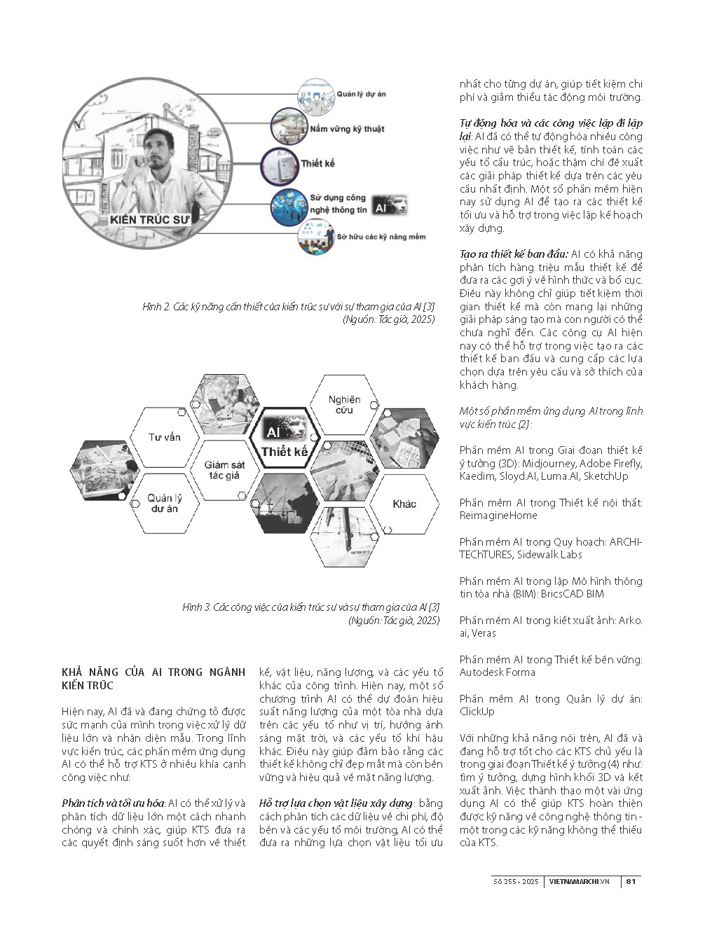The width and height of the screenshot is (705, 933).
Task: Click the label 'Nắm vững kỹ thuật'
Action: [347, 129]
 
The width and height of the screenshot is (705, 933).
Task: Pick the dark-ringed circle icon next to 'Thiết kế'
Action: [280, 165]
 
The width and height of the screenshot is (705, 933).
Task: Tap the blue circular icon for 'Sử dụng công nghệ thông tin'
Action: [289, 205]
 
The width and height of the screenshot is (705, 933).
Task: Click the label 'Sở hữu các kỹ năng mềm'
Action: [381, 237]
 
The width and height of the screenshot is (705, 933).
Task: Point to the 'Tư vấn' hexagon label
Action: [165, 437]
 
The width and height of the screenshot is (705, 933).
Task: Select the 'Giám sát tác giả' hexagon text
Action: [224, 469]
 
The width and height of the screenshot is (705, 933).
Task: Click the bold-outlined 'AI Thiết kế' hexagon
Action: [285, 441]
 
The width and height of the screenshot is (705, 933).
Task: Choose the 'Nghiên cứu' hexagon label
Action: [344, 404]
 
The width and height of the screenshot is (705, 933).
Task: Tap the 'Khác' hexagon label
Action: [404, 504]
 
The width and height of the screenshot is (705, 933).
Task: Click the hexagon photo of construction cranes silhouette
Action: [284, 503]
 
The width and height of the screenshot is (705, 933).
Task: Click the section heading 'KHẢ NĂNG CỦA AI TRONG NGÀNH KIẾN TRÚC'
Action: [153, 678]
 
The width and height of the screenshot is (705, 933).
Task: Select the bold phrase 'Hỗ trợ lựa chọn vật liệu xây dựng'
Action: [335, 803]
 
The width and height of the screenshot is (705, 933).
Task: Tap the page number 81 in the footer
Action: [631, 881]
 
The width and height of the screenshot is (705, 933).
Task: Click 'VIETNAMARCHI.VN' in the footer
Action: [579, 881]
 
